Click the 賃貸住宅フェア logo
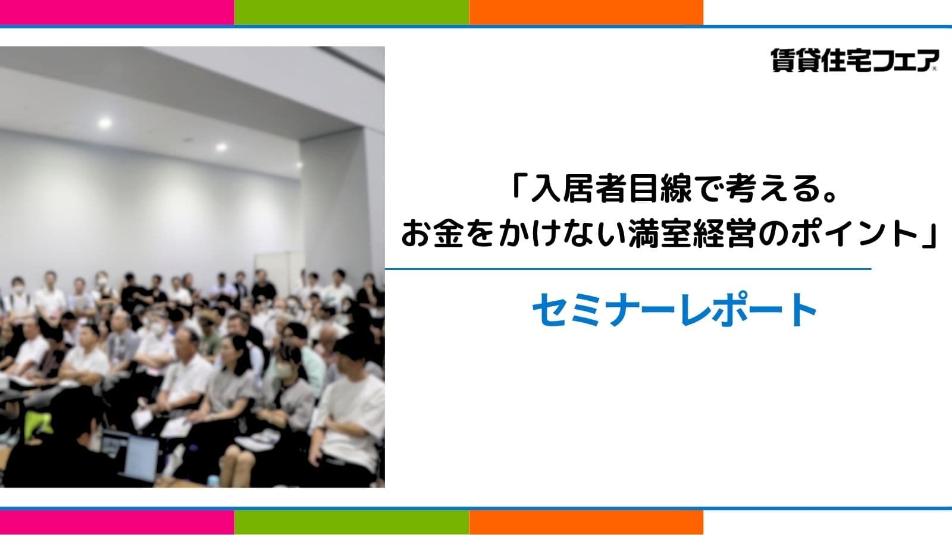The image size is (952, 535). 854,60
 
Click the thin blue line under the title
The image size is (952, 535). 628,269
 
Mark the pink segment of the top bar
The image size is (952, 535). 117,12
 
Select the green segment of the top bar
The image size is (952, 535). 352,12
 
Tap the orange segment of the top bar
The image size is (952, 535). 586,12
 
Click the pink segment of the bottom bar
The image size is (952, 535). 117,523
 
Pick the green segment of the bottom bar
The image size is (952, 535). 352,523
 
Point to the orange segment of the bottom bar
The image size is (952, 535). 586,523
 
